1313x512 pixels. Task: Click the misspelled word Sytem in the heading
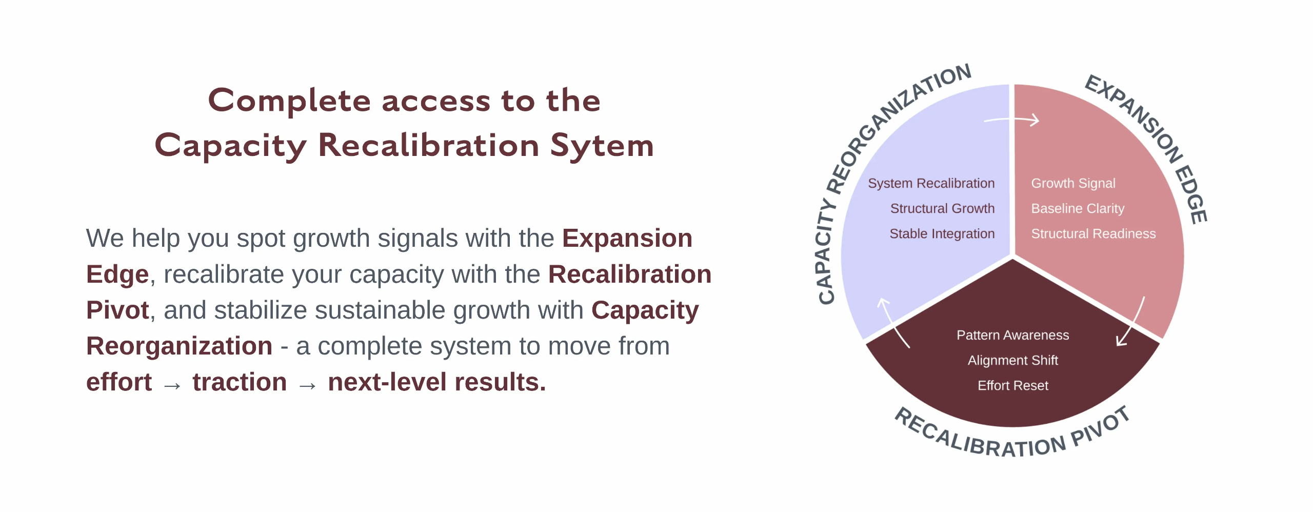(x=602, y=146)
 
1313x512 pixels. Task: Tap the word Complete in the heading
(x=289, y=101)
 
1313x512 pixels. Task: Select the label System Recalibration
(x=931, y=183)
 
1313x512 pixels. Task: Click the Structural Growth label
(x=942, y=208)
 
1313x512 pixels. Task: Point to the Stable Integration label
(x=942, y=233)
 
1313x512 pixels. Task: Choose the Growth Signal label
(x=1073, y=183)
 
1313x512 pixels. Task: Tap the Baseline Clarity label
(x=1078, y=208)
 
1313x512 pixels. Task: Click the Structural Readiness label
(x=1093, y=233)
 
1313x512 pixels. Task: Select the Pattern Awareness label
(x=1012, y=335)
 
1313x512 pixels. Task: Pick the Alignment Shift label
(x=1012, y=360)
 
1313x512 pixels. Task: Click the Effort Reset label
(x=1012, y=385)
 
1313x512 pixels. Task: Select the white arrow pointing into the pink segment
(x=1012, y=121)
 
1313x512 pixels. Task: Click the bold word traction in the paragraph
(x=240, y=382)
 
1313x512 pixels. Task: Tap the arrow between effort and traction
(x=172, y=385)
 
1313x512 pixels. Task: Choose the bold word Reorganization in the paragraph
(x=179, y=346)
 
